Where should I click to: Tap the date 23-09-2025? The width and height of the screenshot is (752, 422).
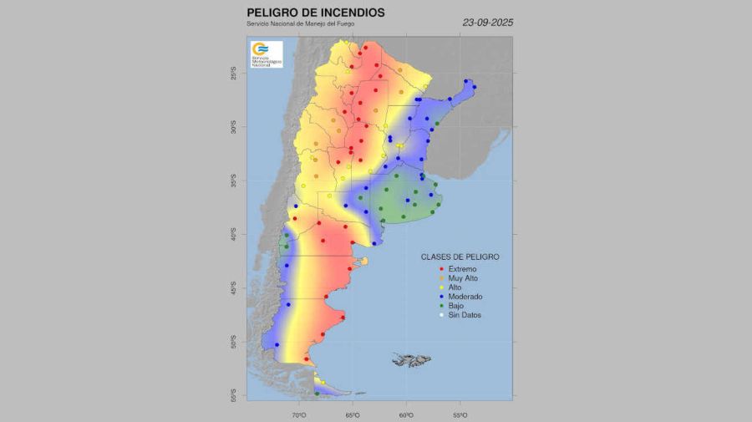488,23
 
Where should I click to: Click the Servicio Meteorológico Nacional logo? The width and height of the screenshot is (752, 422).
266,53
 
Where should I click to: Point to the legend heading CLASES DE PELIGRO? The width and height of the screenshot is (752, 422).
460,257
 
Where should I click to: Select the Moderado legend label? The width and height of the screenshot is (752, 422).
466,297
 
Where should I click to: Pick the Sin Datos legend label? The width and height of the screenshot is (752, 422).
465,315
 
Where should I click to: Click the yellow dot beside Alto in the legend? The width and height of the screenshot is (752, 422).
441,287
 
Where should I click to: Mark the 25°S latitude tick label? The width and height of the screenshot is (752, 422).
234,74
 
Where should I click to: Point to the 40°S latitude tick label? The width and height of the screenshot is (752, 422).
234,236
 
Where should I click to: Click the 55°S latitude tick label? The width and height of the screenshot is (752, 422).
234,395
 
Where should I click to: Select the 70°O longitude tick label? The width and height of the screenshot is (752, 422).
299,414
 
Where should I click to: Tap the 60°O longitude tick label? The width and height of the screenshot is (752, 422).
406,414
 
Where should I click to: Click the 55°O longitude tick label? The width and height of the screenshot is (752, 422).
460,414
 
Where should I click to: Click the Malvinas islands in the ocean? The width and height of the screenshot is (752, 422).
410,360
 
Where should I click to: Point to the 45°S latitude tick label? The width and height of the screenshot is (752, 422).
234,288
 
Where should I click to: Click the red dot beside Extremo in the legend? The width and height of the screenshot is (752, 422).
441,268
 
